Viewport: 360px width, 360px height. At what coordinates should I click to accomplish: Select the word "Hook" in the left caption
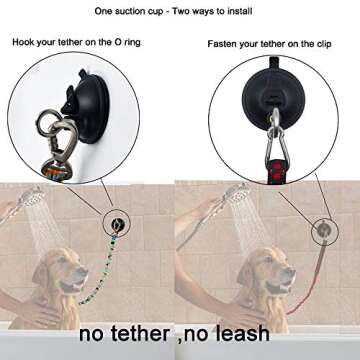click(x=23, y=44)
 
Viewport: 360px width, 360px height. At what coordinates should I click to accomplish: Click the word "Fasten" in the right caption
click(x=224, y=44)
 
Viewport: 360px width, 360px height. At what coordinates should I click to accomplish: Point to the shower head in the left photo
click(x=34, y=197)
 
